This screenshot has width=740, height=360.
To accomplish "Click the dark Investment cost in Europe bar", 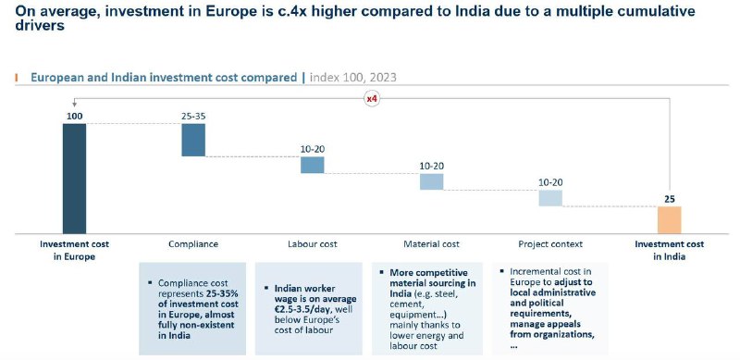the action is click(75, 179).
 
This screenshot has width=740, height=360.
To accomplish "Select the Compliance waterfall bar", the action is click(193, 140).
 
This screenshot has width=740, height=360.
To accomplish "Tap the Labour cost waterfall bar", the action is click(313, 165).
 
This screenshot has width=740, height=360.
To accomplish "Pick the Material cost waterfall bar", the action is click(431, 182).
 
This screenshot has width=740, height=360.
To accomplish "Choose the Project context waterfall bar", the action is click(550, 198).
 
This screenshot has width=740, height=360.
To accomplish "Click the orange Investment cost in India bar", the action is click(669, 219).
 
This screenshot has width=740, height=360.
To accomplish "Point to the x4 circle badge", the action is click(372, 99).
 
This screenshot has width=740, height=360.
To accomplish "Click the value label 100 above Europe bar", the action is click(75, 116).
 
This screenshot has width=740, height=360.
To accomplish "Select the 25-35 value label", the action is click(193, 116).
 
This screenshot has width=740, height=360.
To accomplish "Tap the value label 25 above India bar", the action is click(669, 199).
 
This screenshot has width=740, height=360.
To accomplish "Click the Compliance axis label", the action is click(193, 244).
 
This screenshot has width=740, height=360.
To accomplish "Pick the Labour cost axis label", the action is click(313, 244).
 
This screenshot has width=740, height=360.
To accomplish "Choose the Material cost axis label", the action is click(431, 244).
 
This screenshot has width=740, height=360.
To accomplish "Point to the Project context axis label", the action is click(550, 244).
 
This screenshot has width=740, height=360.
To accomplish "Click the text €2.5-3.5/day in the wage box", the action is click(303, 309).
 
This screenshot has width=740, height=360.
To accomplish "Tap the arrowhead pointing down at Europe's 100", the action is click(74, 106).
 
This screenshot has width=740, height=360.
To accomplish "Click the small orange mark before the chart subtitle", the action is click(17, 78).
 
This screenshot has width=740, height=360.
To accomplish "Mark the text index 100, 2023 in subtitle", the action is click(353, 78).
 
